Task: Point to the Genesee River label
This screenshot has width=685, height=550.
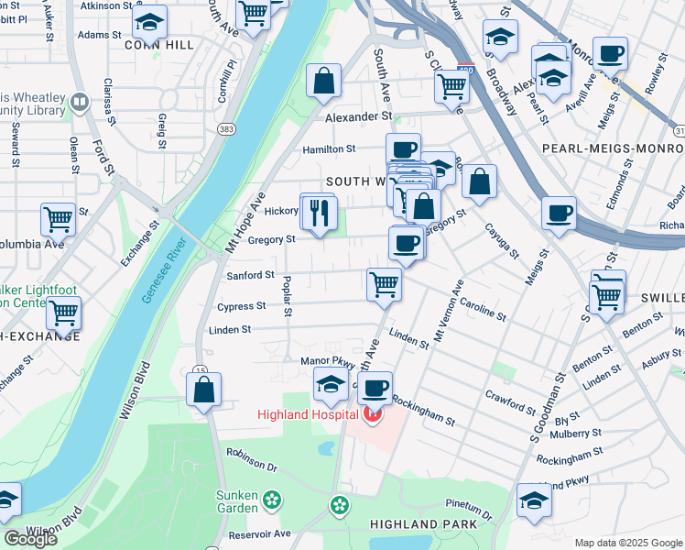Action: pos(164,272)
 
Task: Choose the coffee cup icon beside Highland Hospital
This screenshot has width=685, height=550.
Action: pos(375,388)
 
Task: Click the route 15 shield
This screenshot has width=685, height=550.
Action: pos(200,369)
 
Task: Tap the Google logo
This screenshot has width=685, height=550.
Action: pos(30,538)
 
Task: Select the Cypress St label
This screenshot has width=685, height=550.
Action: pos(241,306)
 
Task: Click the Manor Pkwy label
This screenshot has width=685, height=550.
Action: pos(321,361)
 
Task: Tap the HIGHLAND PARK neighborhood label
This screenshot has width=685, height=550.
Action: pos(423,523)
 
